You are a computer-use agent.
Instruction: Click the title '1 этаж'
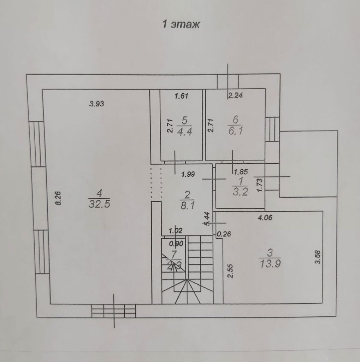(x=181, y=24)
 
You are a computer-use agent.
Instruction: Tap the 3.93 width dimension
(x=98, y=104)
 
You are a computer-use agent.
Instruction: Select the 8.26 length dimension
(x=59, y=198)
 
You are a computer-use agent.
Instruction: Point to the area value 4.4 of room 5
(x=184, y=133)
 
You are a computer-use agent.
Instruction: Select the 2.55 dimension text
(x=230, y=271)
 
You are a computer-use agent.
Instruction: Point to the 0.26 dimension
(x=223, y=233)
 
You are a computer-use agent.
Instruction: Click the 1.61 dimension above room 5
(x=182, y=95)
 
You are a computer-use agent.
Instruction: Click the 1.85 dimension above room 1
(x=241, y=172)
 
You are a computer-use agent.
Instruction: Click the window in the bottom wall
(x=114, y=311)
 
